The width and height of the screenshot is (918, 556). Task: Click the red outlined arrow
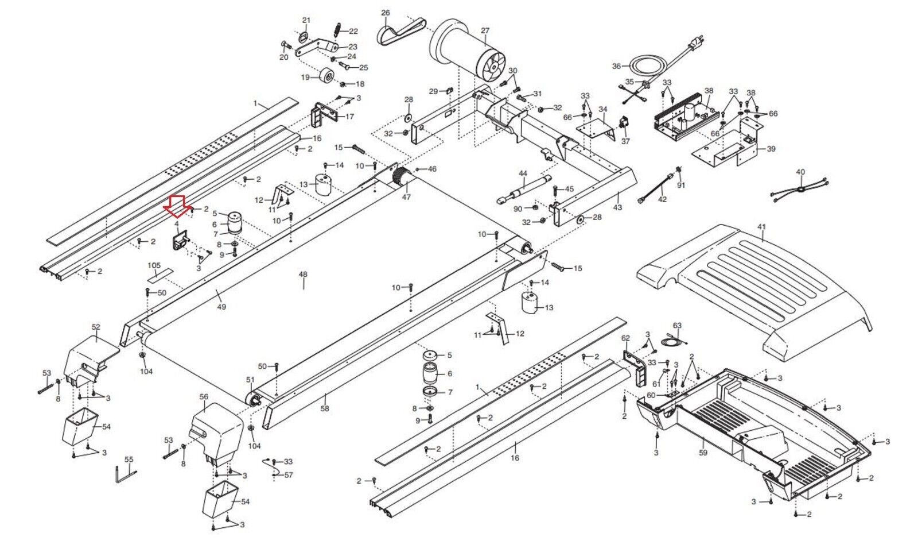click(177, 206)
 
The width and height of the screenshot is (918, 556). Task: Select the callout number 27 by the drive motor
click(485, 30)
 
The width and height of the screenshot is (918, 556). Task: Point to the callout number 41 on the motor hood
click(761, 226)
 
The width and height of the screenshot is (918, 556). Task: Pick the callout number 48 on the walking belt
click(303, 274)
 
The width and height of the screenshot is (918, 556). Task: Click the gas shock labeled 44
click(524, 190)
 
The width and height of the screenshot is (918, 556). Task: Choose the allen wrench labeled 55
click(126, 475)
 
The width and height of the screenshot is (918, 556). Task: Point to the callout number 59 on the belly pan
click(703, 453)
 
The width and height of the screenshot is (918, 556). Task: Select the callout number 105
click(154, 265)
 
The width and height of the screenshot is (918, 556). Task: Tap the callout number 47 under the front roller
click(406, 197)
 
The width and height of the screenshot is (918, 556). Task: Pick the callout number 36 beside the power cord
click(616, 66)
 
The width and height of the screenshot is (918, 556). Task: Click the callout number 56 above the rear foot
click(204, 397)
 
